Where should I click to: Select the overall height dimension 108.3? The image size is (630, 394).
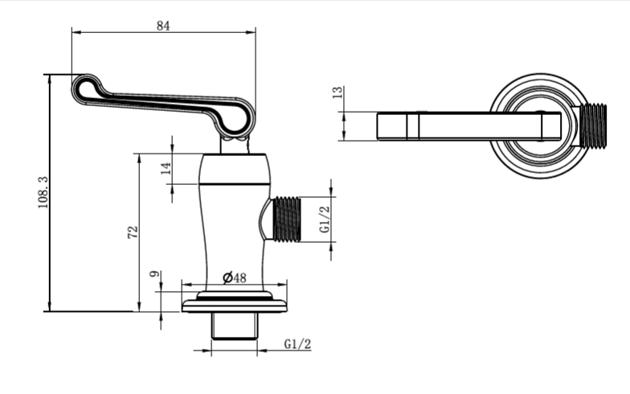[43, 193]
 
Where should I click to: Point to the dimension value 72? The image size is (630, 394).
[133, 232]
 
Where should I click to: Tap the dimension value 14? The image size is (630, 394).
[166, 168]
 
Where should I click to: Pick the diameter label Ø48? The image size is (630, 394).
[234, 277]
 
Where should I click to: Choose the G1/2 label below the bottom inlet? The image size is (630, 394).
[297, 344]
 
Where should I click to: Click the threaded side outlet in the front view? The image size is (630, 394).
[286, 219]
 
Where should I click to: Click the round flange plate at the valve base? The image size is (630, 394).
[234, 305]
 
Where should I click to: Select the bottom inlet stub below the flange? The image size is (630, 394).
[234, 326]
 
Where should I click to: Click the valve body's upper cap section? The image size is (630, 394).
[234, 169]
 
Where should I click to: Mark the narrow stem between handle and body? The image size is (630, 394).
[234, 144]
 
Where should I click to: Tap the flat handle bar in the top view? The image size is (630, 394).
[466, 126]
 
